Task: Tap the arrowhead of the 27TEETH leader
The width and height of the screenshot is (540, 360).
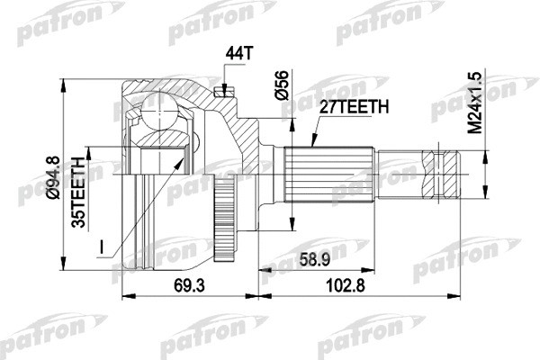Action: tap(310, 143)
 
